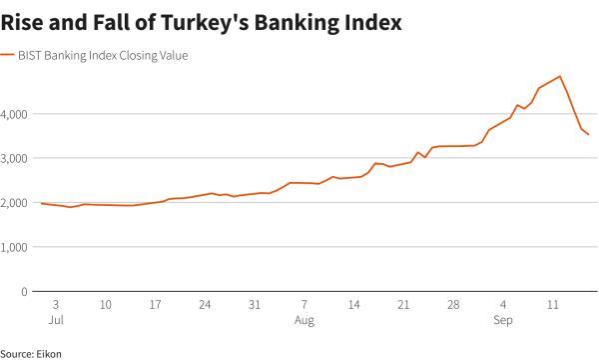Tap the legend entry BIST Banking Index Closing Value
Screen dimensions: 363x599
(x=104, y=56)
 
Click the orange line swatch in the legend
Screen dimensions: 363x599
(x=7, y=56)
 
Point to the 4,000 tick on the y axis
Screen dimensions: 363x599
(x=16, y=114)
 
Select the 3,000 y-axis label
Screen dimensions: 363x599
(x=16, y=158)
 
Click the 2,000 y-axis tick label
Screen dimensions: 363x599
(x=16, y=202)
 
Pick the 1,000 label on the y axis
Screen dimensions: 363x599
(x=16, y=246)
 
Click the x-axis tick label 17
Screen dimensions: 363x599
(x=155, y=304)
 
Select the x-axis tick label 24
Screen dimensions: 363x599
(x=205, y=304)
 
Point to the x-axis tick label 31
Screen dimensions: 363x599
(x=255, y=304)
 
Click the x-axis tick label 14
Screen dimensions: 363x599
(x=353, y=304)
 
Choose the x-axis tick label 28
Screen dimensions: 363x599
(x=453, y=304)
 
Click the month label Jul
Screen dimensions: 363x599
(x=56, y=320)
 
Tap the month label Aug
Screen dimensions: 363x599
(x=304, y=320)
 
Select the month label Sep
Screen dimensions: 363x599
(x=504, y=320)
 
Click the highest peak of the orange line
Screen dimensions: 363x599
(x=560, y=76)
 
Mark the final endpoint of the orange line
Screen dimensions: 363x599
(x=588, y=134)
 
